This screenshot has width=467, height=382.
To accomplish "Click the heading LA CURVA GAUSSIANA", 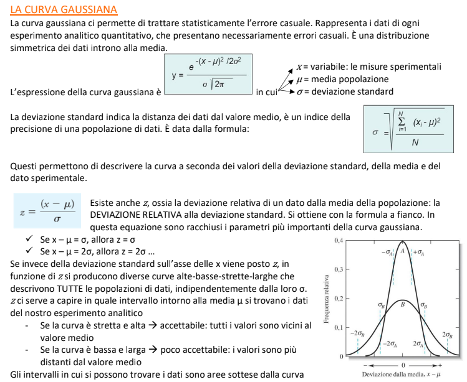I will [64, 9].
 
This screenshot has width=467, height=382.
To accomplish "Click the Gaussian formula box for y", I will [208, 75].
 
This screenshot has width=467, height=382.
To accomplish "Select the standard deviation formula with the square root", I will [406, 131].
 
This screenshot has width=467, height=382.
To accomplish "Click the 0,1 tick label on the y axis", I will [339, 327].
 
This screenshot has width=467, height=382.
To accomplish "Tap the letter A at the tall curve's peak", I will [403, 250].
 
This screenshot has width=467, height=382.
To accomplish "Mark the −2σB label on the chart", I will [357, 333].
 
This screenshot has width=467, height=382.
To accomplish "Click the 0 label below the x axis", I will [403, 363].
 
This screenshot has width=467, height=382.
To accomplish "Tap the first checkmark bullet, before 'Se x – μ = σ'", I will [29, 239].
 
